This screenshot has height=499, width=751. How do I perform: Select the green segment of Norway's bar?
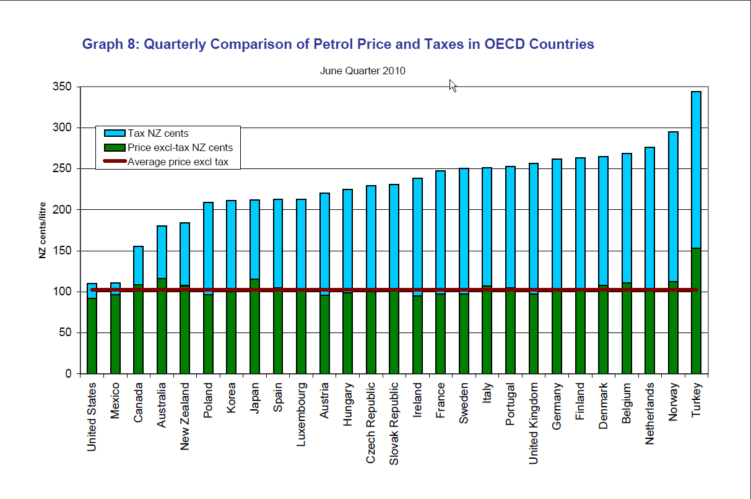pos(672,331)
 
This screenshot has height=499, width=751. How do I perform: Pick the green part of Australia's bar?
pos(162,328)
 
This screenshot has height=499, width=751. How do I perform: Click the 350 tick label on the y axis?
pos(63,87)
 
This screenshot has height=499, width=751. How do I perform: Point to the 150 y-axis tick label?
pos(63,251)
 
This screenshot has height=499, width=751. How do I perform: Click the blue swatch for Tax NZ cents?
pos(115,134)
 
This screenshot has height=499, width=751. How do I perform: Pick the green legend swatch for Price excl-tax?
pos(115,148)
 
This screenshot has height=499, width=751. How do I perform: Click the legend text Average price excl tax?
pos(178,162)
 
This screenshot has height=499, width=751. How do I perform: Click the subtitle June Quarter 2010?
pos(362,71)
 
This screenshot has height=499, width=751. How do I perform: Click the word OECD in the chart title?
pos(509,45)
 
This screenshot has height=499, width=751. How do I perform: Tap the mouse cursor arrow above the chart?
pos(453,85)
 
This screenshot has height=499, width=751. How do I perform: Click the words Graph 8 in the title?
pos(109,45)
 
